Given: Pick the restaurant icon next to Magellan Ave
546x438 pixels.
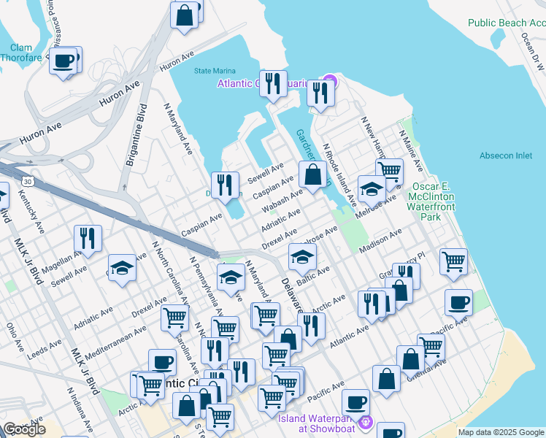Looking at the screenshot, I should (x=87, y=238).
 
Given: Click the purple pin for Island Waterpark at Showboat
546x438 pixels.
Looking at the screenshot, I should (x=365, y=422).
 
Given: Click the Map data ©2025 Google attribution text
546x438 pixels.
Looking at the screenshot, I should (x=501, y=432).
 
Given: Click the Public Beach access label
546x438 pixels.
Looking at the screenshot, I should (x=507, y=23).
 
